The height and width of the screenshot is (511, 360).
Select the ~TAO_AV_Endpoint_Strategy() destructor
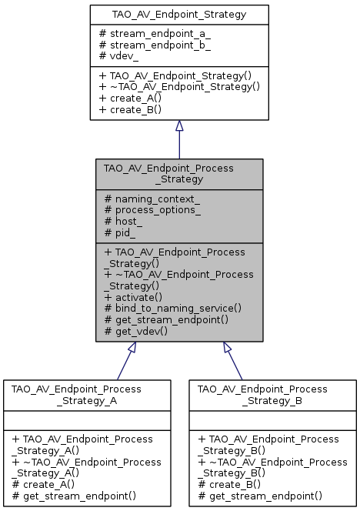(179, 87)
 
